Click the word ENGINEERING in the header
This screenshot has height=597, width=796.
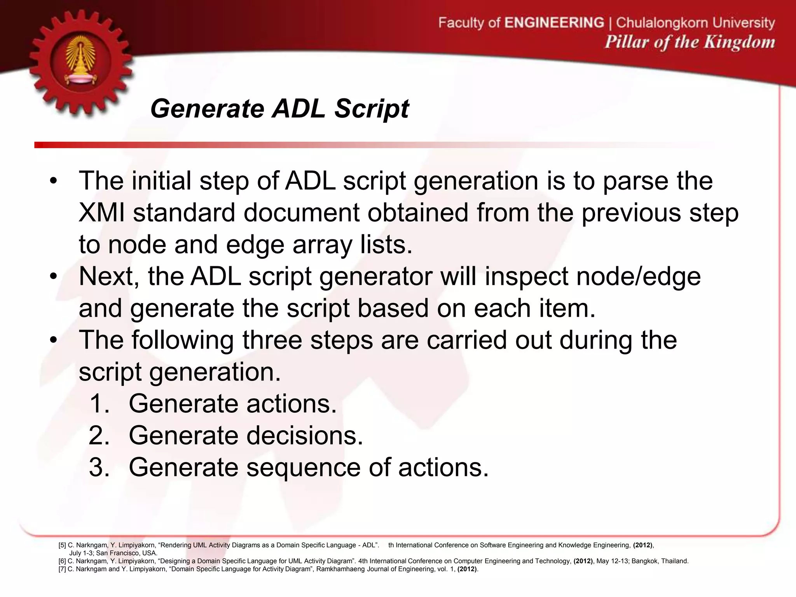(x=554, y=23)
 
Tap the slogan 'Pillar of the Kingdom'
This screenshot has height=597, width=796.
(x=690, y=42)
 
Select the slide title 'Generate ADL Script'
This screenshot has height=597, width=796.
(x=279, y=108)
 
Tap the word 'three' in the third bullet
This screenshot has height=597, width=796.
(x=272, y=340)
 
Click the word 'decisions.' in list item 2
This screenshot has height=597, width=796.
(x=305, y=435)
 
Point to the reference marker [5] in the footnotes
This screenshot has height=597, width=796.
(x=62, y=545)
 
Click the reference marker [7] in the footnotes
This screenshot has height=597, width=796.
(x=62, y=569)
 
